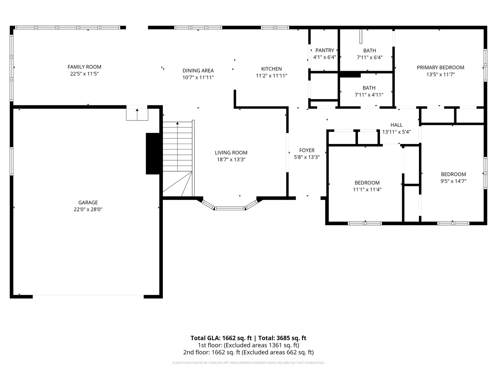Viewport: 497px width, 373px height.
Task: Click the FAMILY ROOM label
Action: (x=84, y=67)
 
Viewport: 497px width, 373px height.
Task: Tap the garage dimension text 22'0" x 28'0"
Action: (x=88, y=209)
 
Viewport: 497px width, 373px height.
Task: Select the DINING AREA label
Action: (x=198, y=71)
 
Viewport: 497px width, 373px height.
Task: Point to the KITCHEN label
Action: (x=271, y=69)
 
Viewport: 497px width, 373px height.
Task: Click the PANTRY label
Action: (x=324, y=50)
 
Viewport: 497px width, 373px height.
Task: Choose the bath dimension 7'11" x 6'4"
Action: (x=369, y=58)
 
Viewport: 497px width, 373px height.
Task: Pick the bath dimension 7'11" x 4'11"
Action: (x=369, y=95)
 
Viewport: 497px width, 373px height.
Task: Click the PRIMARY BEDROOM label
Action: (x=440, y=68)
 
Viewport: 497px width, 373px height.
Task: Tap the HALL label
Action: (x=396, y=125)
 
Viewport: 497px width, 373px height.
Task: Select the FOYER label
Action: (x=306, y=150)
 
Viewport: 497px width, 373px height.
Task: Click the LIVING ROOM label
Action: (x=231, y=153)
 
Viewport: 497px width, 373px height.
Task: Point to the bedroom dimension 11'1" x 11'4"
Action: (x=367, y=190)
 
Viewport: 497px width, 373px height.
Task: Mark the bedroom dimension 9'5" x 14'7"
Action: (x=453, y=181)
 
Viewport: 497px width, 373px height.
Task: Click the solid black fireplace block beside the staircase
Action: (x=153, y=154)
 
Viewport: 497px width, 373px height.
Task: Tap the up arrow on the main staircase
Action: (x=177, y=124)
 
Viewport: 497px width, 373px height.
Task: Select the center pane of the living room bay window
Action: (x=230, y=208)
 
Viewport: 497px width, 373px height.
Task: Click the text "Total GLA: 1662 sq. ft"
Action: (x=222, y=338)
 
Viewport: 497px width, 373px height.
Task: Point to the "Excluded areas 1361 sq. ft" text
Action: (x=261, y=345)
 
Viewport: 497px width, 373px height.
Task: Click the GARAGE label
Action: (x=88, y=203)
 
